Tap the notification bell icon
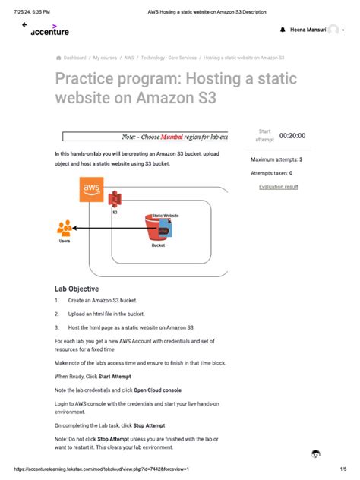(x=283, y=30)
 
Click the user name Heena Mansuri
(x=308, y=30)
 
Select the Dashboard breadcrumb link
(x=74, y=57)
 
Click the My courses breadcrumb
(x=106, y=57)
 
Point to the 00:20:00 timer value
(x=292, y=135)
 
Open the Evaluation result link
(x=278, y=187)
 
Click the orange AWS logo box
(x=92, y=188)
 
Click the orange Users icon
(x=65, y=229)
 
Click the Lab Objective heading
(x=76, y=289)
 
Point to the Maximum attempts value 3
(x=301, y=160)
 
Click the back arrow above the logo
(x=24, y=24)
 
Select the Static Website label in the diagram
(x=166, y=216)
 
